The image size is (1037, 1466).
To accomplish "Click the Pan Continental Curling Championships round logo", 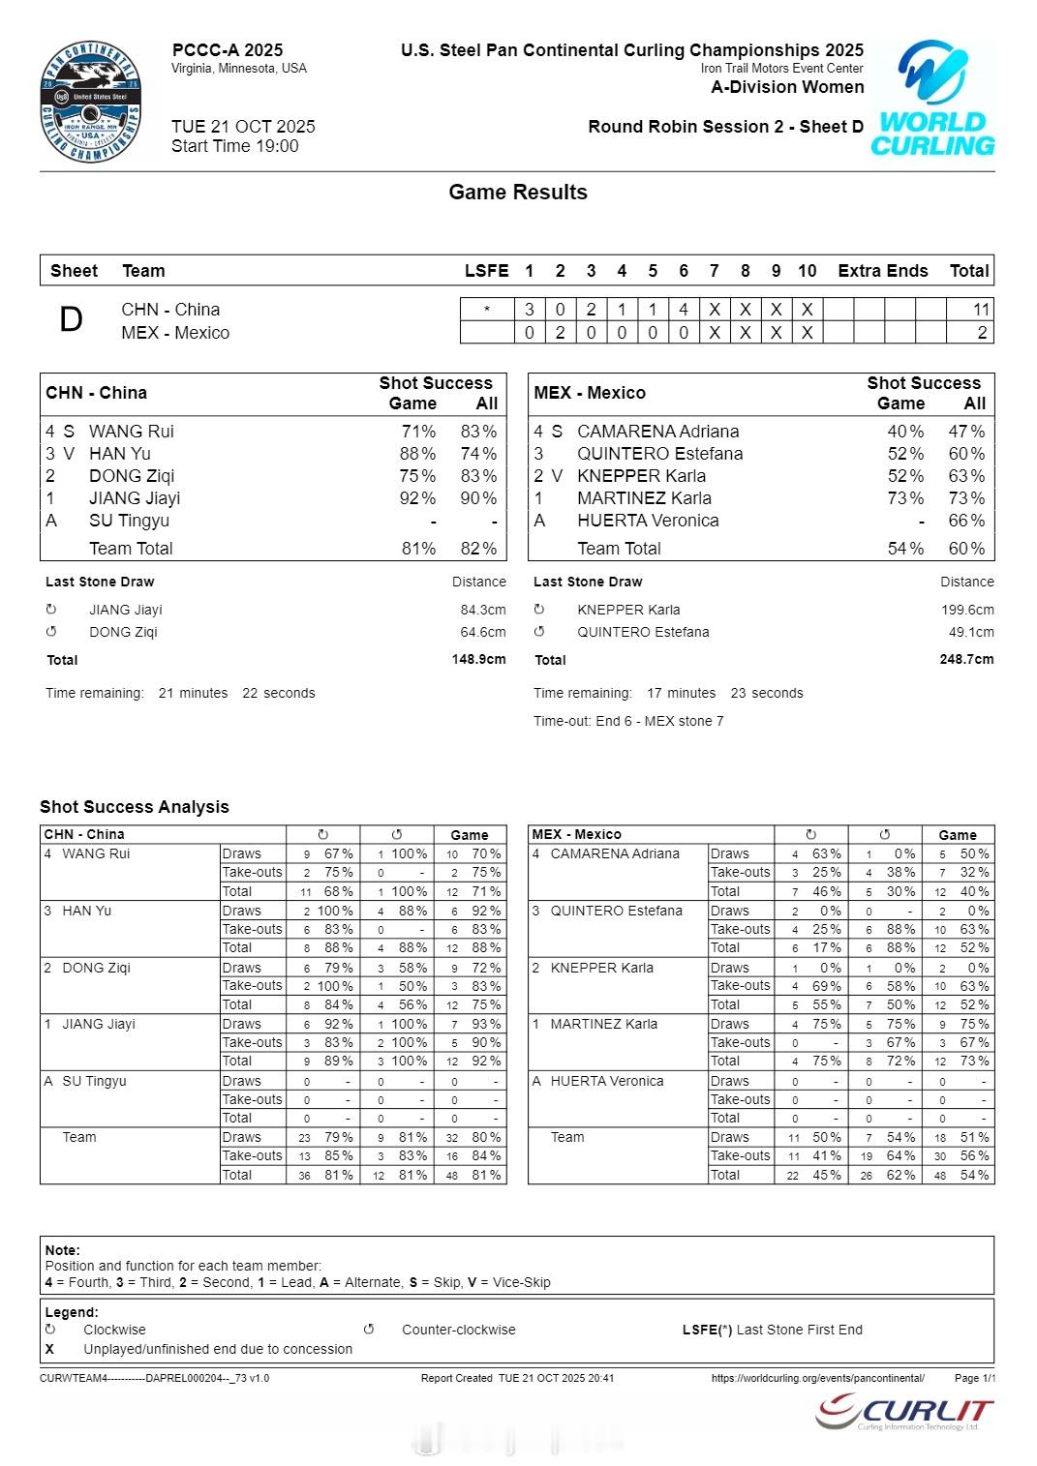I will pyautogui.click(x=91, y=103).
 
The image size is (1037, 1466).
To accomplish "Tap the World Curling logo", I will pyautogui.click(x=932, y=98).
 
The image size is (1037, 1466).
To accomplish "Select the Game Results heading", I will pyautogui.click(x=517, y=193).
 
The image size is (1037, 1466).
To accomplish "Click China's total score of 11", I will pyautogui.click(x=981, y=310).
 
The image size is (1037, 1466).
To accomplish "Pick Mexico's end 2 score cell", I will pyautogui.click(x=560, y=333).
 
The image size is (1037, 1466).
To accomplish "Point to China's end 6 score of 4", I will pyautogui.click(x=684, y=310).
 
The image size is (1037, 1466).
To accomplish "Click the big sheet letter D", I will pyautogui.click(x=71, y=320).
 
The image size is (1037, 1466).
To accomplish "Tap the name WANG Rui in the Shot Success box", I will pyautogui.click(x=131, y=432).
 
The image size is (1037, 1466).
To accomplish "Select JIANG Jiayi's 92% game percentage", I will pyautogui.click(x=417, y=498).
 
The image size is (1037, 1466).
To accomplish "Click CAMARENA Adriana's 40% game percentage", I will pyautogui.click(x=905, y=432).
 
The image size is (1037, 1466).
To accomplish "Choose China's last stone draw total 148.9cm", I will pyautogui.click(x=478, y=660).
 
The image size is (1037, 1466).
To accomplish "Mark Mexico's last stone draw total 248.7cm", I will pyautogui.click(x=966, y=660).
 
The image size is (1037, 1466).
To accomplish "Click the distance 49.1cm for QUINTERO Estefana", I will pyautogui.click(x=971, y=632).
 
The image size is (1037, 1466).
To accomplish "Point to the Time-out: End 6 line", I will pyautogui.click(x=628, y=721).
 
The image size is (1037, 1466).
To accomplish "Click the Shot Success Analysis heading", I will pyautogui.click(x=135, y=807).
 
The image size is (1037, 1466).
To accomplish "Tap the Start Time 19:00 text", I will pyautogui.click(x=234, y=146).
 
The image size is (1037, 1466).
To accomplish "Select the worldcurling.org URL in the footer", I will pyautogui.click(x=817, y=1378).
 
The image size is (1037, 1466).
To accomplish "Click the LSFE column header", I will pyautogui.click(x=486, y=271).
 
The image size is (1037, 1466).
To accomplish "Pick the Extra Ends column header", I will pyautogui.click(x=882, y=271).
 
